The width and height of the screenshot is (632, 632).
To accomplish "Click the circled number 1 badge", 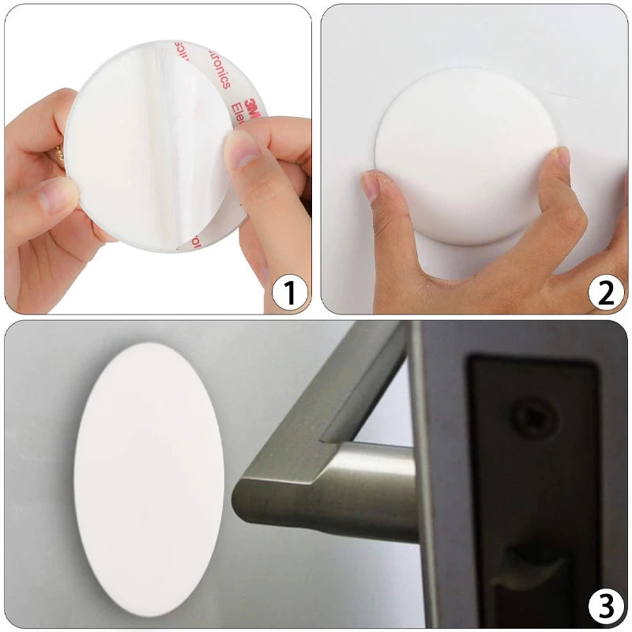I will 289,293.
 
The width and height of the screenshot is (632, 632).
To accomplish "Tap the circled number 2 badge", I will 606,293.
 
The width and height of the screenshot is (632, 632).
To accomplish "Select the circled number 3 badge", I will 606,608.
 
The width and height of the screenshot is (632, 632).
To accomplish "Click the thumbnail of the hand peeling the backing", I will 242,150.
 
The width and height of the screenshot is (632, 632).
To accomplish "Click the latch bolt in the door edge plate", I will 537,569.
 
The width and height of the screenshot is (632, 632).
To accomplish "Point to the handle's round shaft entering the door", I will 371,490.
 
